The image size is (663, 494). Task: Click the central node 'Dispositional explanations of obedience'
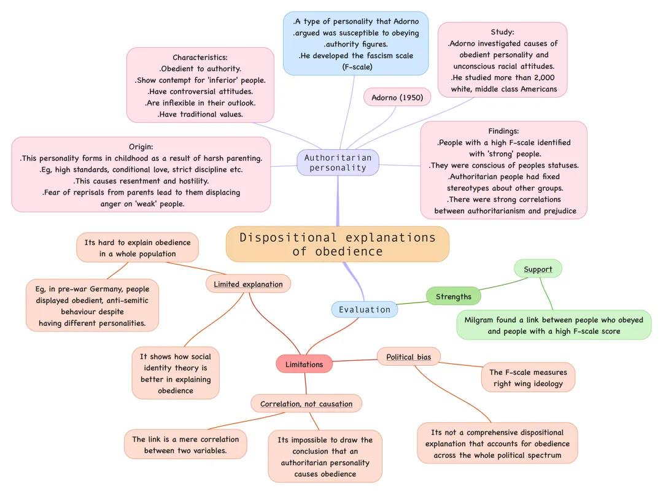click(x=337, y=244)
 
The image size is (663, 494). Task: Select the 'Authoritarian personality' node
click(x=338, y=163)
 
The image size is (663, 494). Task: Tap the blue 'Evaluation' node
click(x=365, y=309)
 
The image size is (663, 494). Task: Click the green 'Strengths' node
click(x=454, y=296)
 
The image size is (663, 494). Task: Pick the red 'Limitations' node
click(x=304, y=364)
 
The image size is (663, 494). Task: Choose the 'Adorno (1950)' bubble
click(x=397, y=98)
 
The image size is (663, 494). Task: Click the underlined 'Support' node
click(x=538, y=269)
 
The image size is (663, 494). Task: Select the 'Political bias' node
click(x=408, y=357)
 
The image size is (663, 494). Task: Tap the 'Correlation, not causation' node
click(x=306, y=404)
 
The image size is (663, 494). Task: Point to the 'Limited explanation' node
click(x=248, y=284)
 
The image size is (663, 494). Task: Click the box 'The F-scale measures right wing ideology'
click(x=528, y=377)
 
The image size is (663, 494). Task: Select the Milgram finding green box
click(x=554, y=325)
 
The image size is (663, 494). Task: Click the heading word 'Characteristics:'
click(x=200, y=57)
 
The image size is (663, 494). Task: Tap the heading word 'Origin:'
click(x=141, y=147)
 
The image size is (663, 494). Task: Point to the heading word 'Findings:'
click(x=503, y=131)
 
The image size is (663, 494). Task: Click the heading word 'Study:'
click(x=502, y=32)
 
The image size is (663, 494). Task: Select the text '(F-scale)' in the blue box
click(x=357, y=67)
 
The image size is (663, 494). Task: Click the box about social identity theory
click(x=176, y=373)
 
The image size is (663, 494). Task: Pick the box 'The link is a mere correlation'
click(x=185, y=444)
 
